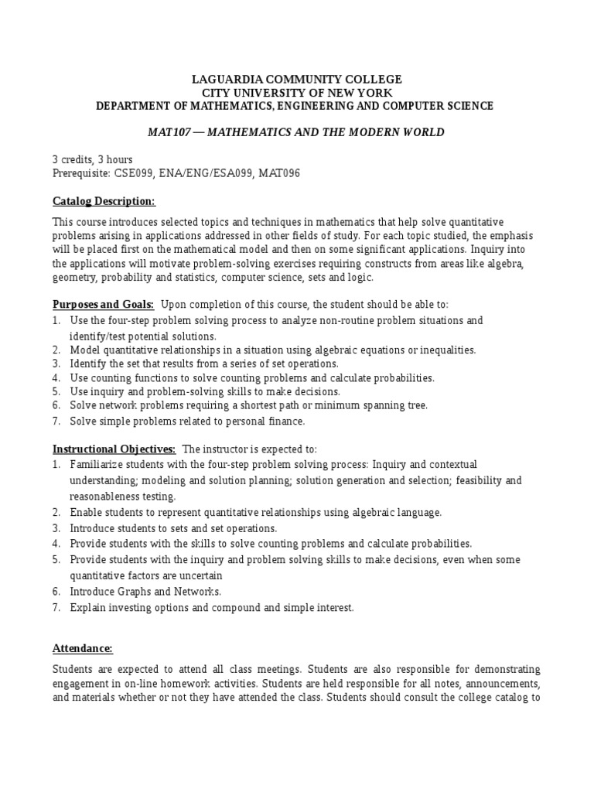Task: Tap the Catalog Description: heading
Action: click(104, 202)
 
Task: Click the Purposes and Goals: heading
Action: click(103, 304)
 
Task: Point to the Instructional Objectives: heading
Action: click(114, 449)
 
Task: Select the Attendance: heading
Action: click(83, 648)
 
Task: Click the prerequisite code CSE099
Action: click(137, 174)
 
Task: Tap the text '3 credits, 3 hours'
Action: click(93, 159)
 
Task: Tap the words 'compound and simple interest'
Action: click(278, 608)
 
